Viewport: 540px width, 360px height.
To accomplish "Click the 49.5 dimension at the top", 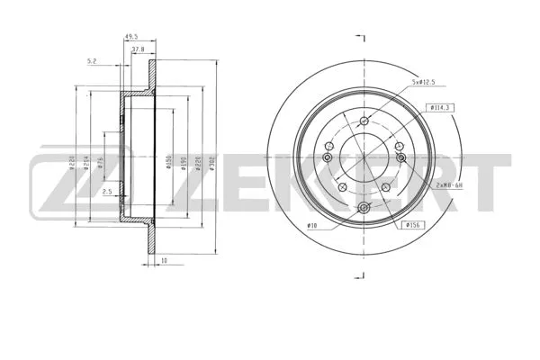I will pos(130,38).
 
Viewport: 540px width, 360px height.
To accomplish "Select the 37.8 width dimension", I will pos(138,50).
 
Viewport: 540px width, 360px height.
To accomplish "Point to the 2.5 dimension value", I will pos(106,192).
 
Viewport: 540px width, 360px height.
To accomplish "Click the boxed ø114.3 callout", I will pos(439,107).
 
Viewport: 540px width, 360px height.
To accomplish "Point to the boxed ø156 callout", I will pos(415,224).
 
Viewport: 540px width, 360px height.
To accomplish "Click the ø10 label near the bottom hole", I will pos(312,224).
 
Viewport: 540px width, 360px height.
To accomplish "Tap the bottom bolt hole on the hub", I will pos(364,210).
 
